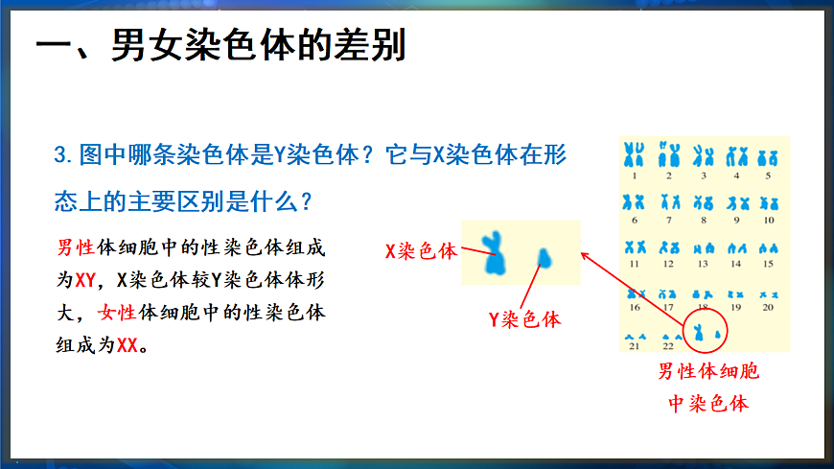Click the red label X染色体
pyautogui.click(x=421, y=251)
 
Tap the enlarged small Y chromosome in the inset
pyautogui.click(x=544, y=257)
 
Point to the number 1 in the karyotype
pyautogui.click(x=634, y=176)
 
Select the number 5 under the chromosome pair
pyautogui.click(x=768, y=176)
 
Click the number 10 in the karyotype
pyautogui.click(x=768, y=221)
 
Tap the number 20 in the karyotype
pyautogui.click(x=767, y=308)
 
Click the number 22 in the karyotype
pyautogui.click(x=668, y=346)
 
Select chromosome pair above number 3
pyautogui.click(x=704, y=155)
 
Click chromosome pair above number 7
pyautogui.click(x=668, y=202)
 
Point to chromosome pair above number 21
pyautogui.click(x=633, y=337)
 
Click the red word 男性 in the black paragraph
pyautogui.click(x=76, y=247)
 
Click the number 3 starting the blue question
pyautogui.click(x=60, y=155)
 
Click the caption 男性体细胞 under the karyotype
pyautogui.click(x=707, y=371)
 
